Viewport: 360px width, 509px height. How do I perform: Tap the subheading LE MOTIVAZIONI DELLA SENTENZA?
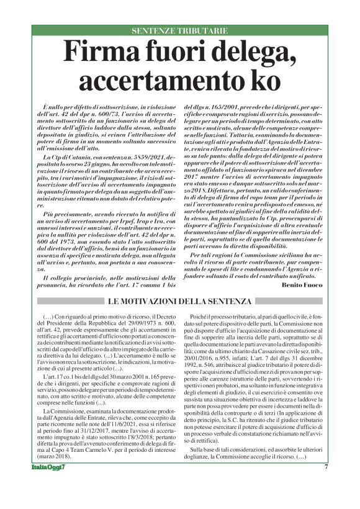click(179, 302)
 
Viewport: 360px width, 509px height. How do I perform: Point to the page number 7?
click(325, 484)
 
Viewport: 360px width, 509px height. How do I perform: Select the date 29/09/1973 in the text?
click(137, 323)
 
